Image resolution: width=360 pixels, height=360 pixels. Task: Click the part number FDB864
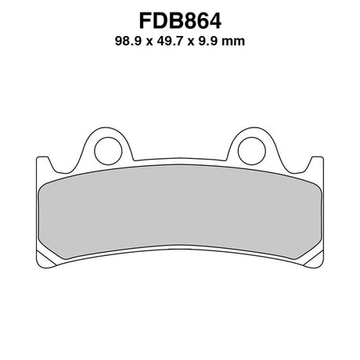(x=180, y=20)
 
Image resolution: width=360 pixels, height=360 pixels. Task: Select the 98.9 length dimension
(x=128, y=41)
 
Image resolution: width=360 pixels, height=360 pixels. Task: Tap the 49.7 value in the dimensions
(x=171, y=41)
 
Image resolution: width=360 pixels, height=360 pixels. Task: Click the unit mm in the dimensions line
(x=233, y=42)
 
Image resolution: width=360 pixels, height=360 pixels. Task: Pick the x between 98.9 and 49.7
(x=149, y=42)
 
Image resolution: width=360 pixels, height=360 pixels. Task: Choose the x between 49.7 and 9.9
(x=192, y=42)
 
